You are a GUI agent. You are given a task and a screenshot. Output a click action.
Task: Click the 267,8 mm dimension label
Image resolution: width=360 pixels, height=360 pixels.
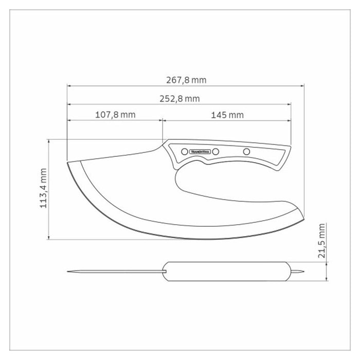click(186, 80)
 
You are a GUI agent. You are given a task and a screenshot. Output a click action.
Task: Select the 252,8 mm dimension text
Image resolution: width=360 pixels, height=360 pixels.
click(179, 99)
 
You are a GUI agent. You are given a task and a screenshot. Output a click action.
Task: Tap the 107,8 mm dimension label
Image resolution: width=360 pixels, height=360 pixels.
click(115, 115)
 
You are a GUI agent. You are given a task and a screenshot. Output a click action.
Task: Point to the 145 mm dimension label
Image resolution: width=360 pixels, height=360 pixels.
click(227, 115)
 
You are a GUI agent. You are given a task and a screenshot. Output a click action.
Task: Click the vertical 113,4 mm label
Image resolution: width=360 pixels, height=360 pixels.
click(43, 188)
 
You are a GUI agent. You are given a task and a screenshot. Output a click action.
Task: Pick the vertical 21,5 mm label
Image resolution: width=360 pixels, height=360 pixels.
click(322, 240)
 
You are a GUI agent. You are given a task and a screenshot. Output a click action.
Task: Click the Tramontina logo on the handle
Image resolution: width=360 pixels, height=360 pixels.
click(200, 152)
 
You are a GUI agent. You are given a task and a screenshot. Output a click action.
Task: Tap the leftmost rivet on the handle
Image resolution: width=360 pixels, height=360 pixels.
click(184, 152)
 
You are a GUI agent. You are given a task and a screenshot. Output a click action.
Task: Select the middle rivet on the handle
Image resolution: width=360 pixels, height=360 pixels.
click(215, 152)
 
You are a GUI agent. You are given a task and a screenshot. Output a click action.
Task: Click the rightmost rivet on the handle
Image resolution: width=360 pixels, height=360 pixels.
click(246, 152)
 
